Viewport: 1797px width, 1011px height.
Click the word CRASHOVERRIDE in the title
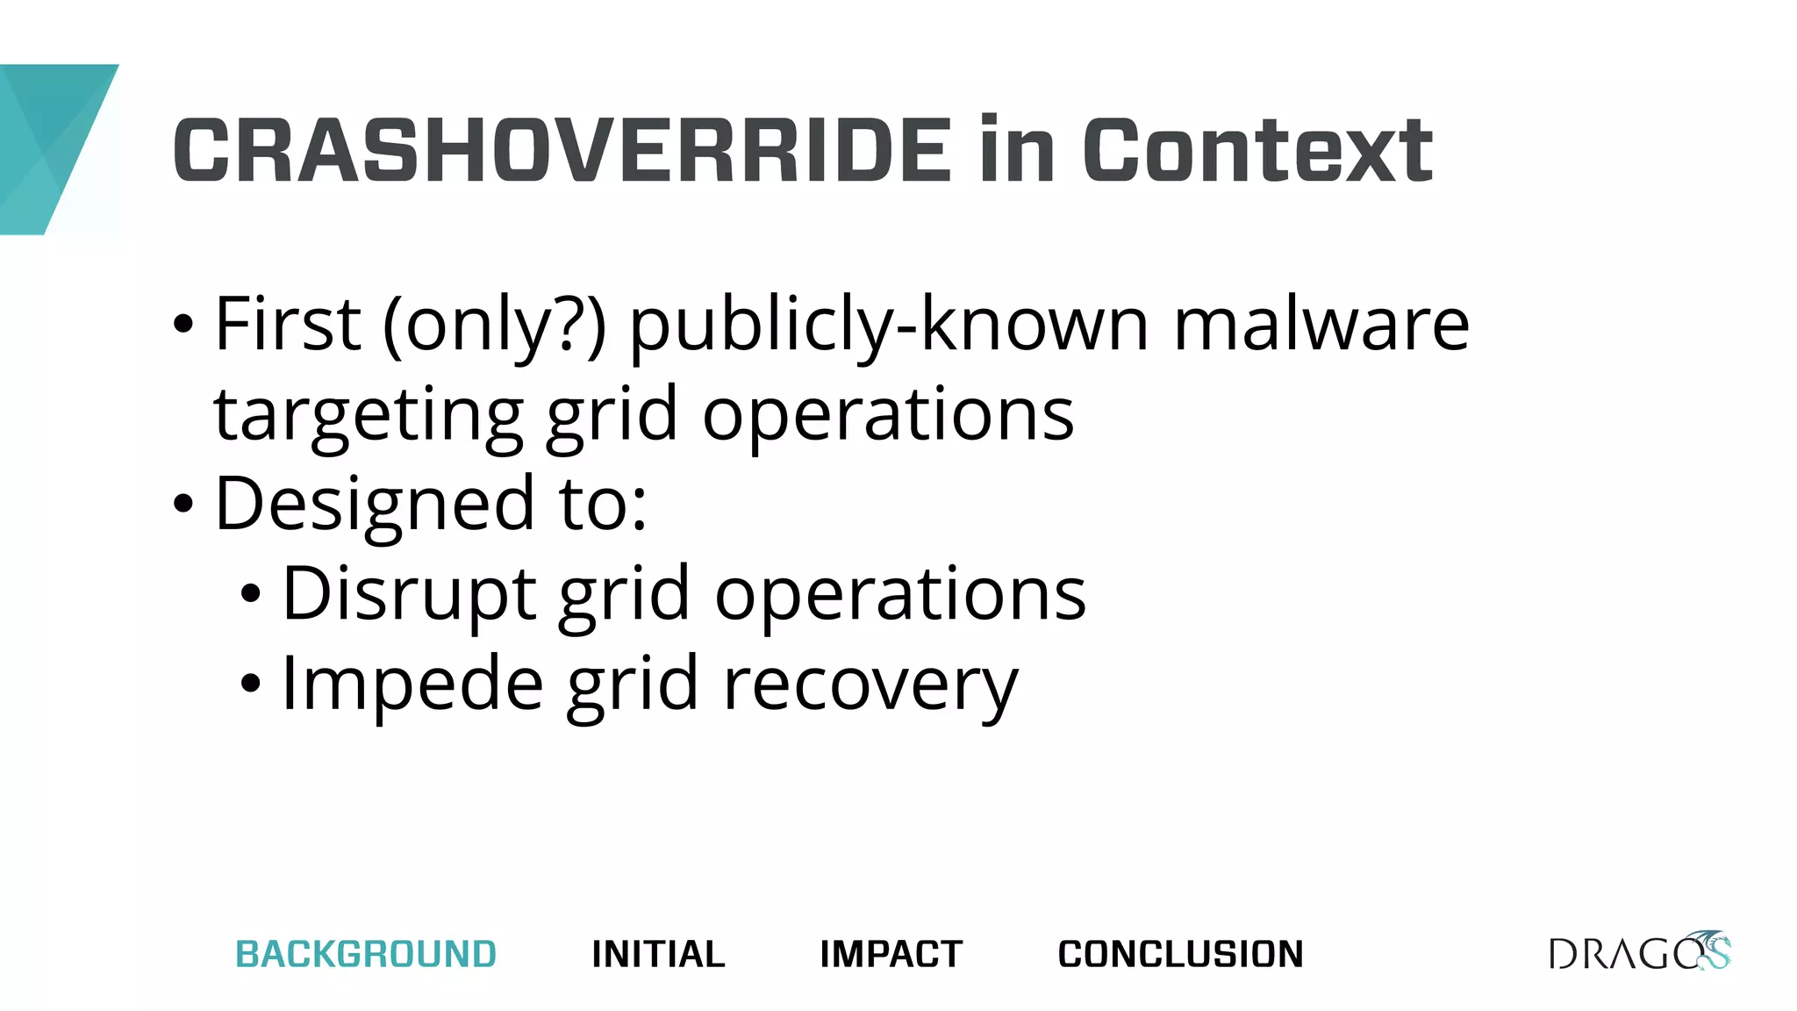pos(562,151)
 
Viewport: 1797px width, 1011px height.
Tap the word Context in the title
pos(1258,151)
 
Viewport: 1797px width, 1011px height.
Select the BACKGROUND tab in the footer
pos(366,954)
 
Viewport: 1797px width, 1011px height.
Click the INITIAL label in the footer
pos(658,954)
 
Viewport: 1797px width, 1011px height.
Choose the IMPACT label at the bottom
pos(891,954)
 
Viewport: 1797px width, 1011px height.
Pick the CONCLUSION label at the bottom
pos(1180,954)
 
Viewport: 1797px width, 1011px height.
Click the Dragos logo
pos(1639,952)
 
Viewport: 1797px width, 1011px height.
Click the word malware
pos(1321,325)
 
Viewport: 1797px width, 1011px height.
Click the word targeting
pos(369,416)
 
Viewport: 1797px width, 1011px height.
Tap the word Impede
pos(412,685)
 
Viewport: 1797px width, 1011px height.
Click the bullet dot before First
pos(183,325)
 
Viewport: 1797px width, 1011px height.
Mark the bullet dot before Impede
pos(251,684)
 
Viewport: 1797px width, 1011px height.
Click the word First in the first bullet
pos(288,325)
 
